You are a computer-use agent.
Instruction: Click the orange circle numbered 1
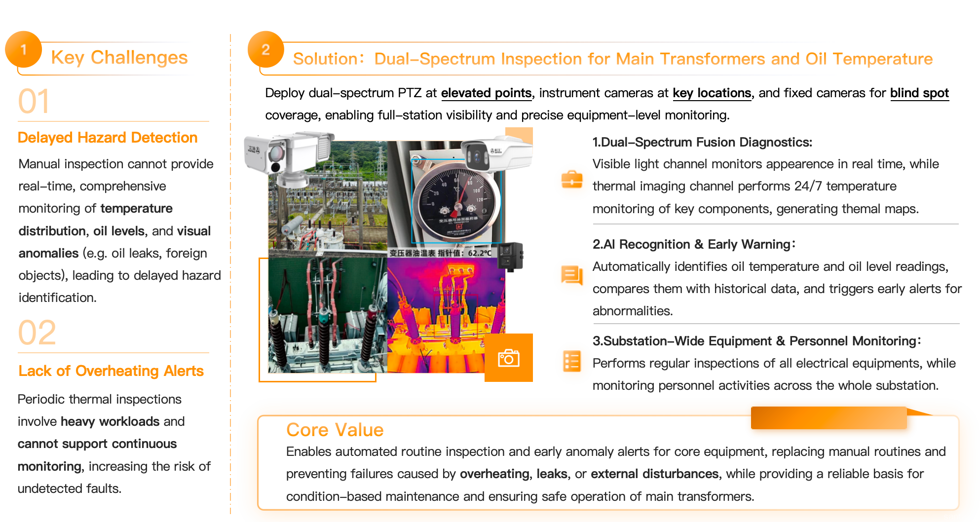(x=23, y=49)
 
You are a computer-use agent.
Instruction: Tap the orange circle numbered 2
(x=265, y=49)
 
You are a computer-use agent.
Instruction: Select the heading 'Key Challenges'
(x=119, y=58)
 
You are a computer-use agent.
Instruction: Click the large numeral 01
(x=34, y=102)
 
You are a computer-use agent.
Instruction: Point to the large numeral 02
(x=37, y=333)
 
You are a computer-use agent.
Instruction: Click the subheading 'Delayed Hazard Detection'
(x=108, y=138)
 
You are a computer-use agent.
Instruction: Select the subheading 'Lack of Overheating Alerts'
(x=111, y=371)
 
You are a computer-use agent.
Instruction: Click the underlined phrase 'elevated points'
(x=486, y=93)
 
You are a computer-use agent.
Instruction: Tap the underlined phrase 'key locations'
(x=712, y=93)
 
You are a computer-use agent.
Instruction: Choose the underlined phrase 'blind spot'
(x=919, y=93)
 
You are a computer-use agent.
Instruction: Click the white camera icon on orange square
(x=509, y=358)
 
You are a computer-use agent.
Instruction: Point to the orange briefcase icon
(x=572, y=180)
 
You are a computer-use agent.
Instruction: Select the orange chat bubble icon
(x=572, y=275)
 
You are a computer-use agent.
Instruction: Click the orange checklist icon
(x=572, y=361)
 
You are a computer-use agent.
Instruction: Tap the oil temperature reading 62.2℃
(x=480, y=253)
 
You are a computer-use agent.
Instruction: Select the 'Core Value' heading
(x=335, y=430)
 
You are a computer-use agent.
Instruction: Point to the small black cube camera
(x=510, y=256)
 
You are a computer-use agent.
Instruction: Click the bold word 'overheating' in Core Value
(x=494, y=474)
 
